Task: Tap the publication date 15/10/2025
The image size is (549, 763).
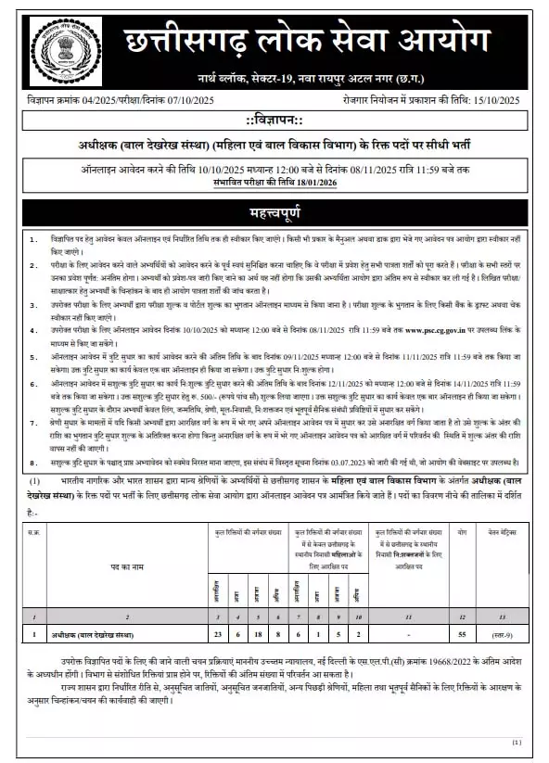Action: coord(501,99)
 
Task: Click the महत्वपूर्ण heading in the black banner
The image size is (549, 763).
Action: coord(274,210)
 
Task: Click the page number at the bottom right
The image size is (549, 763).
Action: coord(517,742)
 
